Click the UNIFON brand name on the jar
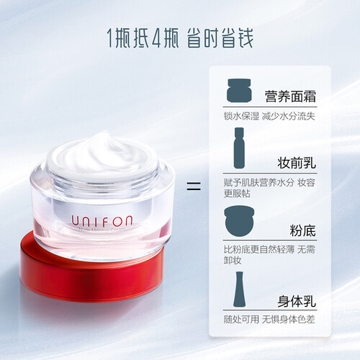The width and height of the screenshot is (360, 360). pos(102,221)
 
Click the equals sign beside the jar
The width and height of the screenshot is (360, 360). pos(194,186)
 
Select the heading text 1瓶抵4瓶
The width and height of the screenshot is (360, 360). pos(143,38)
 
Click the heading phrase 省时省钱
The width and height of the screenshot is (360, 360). pos(220,38)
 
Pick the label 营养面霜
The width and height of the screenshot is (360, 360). pos(290,96)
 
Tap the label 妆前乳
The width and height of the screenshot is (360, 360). pos(297,163)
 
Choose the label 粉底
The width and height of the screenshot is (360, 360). pos(303,230)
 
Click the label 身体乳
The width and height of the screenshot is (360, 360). pos(297,301)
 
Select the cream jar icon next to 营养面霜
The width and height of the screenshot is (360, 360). pos(239,90)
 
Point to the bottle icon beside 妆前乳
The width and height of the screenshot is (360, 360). pos(239,148)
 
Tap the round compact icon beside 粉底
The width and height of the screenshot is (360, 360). pos(239,221)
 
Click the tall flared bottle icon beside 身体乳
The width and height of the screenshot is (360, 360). pos(239,289)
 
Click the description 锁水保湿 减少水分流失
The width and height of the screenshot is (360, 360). pos(269,116)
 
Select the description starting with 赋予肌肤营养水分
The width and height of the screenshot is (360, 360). pos(269,188)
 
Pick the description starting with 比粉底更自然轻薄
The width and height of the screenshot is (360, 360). pos(269,255)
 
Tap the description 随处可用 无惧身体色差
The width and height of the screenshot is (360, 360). pos(269,320)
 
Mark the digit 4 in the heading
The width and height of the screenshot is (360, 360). pos(156,38)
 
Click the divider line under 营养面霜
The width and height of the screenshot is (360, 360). pos(270,107)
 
